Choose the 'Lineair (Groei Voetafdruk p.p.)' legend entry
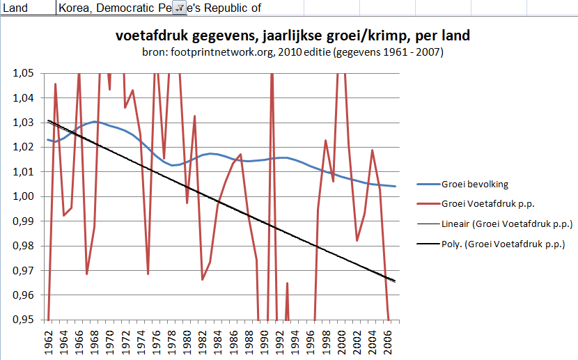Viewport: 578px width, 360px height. pos(506,224)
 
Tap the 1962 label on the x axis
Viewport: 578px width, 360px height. pos(49,341)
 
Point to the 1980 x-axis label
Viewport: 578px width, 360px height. pos(187,341)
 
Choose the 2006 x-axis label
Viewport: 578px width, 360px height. pos(388,341)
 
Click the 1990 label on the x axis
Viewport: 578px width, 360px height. pos(265,341)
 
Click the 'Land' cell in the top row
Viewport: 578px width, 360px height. pos(15,8)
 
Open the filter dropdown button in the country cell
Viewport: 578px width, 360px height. pos(178,8)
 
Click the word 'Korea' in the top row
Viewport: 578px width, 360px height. pos(74,8)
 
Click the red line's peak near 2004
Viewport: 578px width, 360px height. pos(373,150)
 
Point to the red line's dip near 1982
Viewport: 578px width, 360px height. pos(203,280)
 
